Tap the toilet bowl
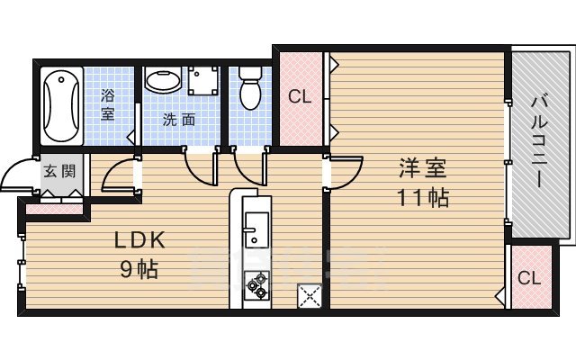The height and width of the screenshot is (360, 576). tap(248, 90)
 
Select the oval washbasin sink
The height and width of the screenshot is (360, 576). tap(163, 81)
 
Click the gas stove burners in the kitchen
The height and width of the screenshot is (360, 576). tap(256, 283)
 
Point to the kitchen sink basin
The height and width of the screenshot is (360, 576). tap(253, 231)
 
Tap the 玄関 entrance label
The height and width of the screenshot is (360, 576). tap(54, 171)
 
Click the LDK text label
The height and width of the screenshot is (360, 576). tap(139, 241)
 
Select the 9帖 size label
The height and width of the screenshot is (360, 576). tap(139, 268)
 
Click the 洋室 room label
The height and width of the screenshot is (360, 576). tap(424, 169)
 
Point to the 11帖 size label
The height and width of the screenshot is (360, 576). tap(424, 198)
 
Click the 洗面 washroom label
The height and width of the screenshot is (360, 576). tap(178, 120)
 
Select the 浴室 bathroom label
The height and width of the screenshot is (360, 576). tap(108, 104)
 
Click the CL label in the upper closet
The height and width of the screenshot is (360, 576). tap(300, 96)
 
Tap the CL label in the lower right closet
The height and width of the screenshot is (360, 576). tap(529, 278)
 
